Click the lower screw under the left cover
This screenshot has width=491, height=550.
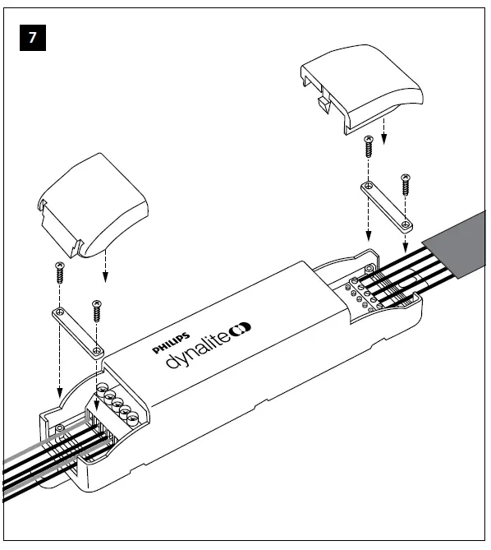97,311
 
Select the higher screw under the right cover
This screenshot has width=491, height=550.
368,147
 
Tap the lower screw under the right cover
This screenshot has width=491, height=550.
405,183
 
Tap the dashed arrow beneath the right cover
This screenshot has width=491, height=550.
383,138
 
